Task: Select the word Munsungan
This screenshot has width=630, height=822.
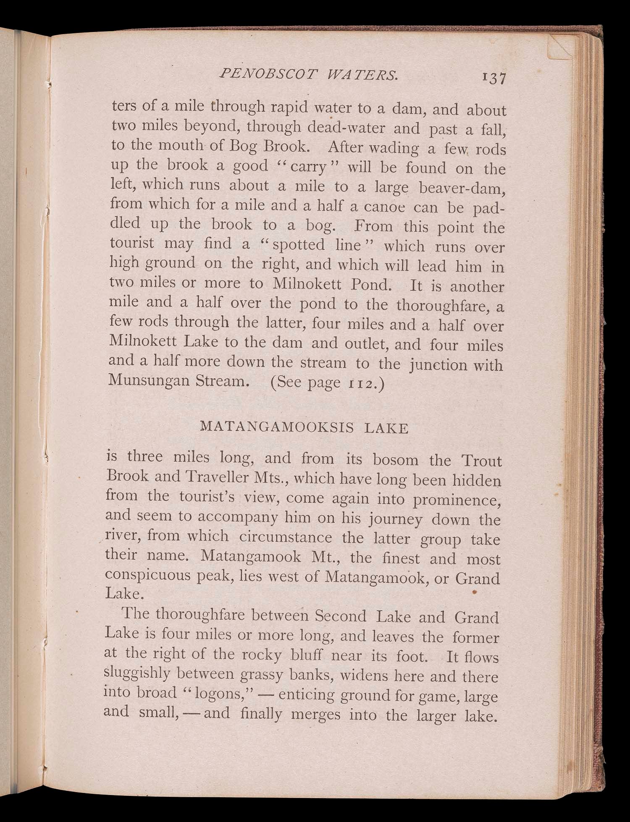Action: coord(149,380)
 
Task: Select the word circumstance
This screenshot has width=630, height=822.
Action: coord(285,537)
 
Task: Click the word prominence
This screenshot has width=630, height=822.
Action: coord(457,500)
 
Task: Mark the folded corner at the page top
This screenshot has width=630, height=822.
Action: coord(561,46)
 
